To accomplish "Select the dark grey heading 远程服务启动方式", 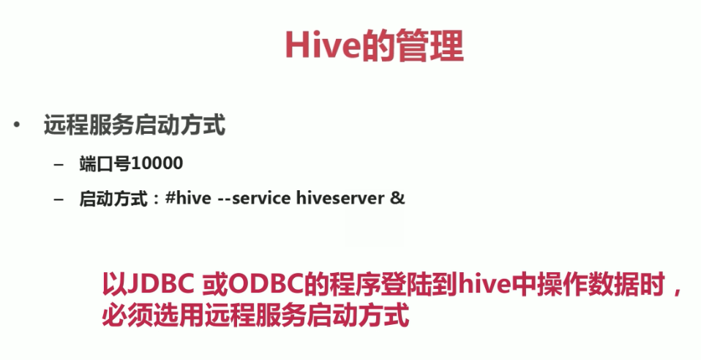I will (134, 126).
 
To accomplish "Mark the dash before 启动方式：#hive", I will (59, 198).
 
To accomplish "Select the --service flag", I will (254, 198).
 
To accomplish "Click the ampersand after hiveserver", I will (398, 198).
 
